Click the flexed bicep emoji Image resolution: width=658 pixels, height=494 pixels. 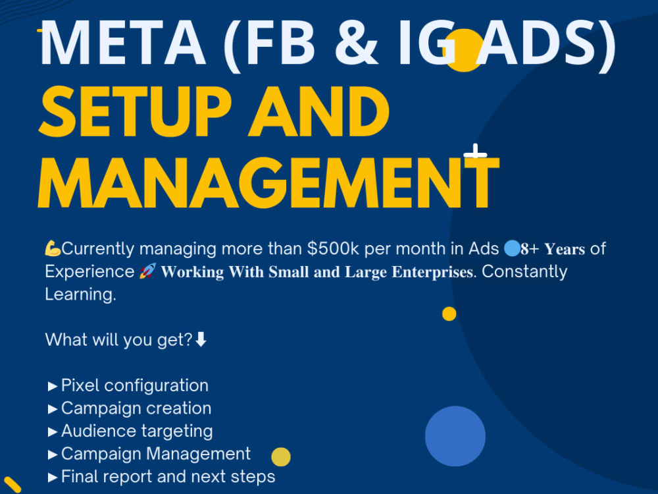pos(53,249)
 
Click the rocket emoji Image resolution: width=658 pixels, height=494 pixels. pos(147,271)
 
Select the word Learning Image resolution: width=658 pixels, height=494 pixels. pos(80,294)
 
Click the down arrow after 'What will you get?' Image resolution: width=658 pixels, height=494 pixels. pos(201,340)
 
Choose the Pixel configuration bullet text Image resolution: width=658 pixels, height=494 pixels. pos(134,385)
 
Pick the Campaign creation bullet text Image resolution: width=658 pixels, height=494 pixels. pos(136,408)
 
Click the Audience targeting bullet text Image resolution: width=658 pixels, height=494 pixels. pos(136,431)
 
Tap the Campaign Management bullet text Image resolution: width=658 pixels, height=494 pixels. pos(155,454)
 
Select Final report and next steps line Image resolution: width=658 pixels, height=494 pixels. pos(168,476)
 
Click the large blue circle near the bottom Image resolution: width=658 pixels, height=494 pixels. pos(455,436)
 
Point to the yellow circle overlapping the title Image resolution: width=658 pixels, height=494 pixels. pos(465,50)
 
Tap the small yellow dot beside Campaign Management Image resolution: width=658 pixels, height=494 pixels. pos(281,456)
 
